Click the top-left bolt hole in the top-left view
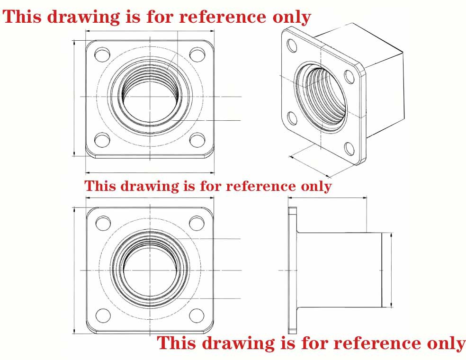click(102, 54)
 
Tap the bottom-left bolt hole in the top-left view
click(102, 140)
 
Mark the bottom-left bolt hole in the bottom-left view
click(103, 315)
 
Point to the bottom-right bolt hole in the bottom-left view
click(197, 315)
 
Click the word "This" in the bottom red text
click(176, 343)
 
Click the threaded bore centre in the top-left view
click(150, 97)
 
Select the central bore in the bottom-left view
click(150, 270)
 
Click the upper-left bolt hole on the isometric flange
click(292, 45)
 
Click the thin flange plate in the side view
click(293, 270)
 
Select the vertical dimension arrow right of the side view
click(391, 270)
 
